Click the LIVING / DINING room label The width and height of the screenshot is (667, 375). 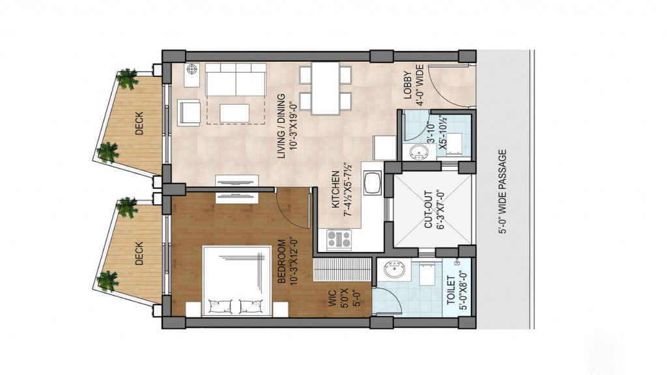pyautogui.click(x=281, y=126)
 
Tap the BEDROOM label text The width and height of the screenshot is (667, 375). pyautogui.click(x=281, y=262)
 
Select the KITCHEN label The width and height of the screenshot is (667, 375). pyautogui.click(x=335, y=189)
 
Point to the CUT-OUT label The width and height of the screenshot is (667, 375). pyautogui.click(x=429, y=210)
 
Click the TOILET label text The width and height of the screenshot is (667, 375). pyautogui.click(x=451, y=290)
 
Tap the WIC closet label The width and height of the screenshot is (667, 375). pyautogui.click(x=333, y=298)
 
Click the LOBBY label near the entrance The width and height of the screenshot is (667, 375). pyautogui.click(x=408, y=85)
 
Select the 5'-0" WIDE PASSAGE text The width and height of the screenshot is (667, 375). pyautogui.click(x=503, y=192)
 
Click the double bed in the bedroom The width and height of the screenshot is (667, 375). pyautogui.click(x=237, y=281)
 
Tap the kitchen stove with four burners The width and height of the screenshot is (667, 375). pyautogui.click(x=339, y=240)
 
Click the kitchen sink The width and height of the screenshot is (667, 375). pyautogui.click(x=373, y=182)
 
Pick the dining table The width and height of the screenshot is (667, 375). pyautogui.click(x=326, y=89)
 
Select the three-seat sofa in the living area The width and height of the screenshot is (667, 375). pyautogui.click(x=236, y=79)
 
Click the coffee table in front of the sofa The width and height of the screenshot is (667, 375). pyautogui.click(x=234, y=113)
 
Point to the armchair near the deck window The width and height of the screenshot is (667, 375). pyautogui.click(x=189, y=113)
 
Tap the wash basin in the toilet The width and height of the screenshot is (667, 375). pyautogui.click(x=394, y=270)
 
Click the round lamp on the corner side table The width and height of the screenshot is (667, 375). pyautogui.click(x=192, y=69)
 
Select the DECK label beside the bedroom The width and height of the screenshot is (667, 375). pyautogui.click(x=139, y=254)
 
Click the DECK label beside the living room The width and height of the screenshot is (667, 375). pyautogui.click(x=139, y=123)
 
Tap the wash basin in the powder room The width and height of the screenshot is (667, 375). pyautogui.click(x=419, y=152)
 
